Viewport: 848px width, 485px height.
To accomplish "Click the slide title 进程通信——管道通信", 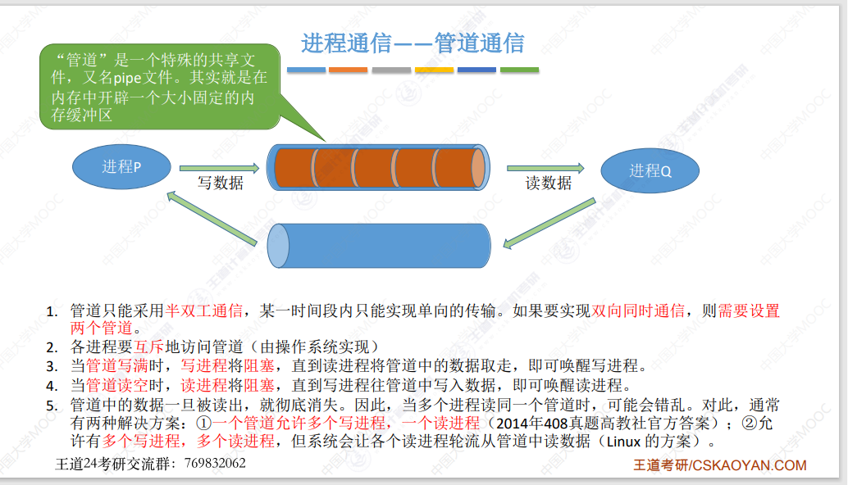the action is coord(413,43).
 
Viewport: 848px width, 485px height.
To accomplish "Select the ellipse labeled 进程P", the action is coord(121,166).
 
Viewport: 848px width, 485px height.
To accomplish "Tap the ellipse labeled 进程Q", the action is coord(650,171).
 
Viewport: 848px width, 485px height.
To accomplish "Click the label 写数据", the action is coord(221,184).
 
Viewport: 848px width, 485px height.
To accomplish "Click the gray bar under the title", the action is coord(391,70).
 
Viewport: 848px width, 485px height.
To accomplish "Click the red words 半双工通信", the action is coord(204,311).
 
